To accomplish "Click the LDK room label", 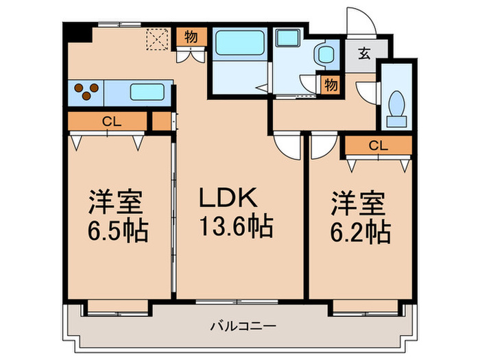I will coord(228,199).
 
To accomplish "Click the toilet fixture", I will coord(396,106).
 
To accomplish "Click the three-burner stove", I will coord(86,91).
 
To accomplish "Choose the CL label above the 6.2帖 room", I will coord(377,145).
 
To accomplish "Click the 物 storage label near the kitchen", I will coord(191,37).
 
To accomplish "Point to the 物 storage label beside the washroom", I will coord(331,85).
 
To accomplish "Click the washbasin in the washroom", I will coord(323,53).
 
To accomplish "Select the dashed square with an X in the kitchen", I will coord(157,40).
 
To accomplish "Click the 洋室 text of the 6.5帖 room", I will coord(116,204).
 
